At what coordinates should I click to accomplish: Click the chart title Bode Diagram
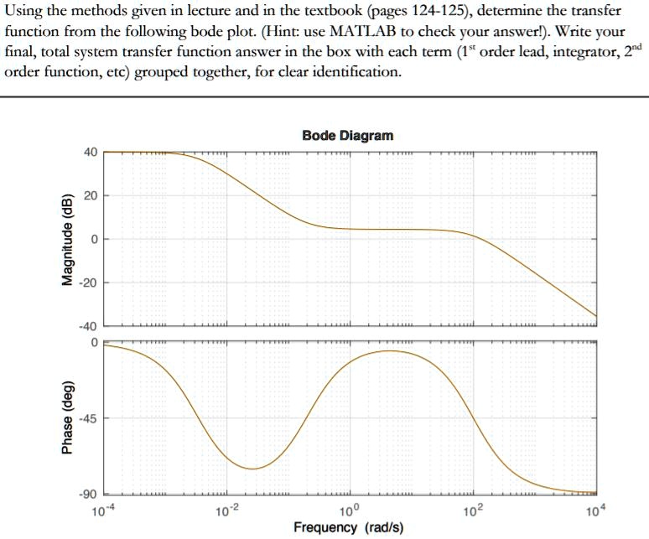347,135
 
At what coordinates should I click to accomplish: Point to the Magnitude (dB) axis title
68,240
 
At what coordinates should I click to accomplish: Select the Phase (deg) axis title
68,420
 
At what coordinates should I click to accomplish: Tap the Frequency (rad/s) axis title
348,527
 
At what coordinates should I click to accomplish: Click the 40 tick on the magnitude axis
91,152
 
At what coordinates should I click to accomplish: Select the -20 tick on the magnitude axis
88,283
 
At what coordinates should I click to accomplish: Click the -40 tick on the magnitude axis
88,327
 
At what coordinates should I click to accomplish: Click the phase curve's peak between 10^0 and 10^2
388,351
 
